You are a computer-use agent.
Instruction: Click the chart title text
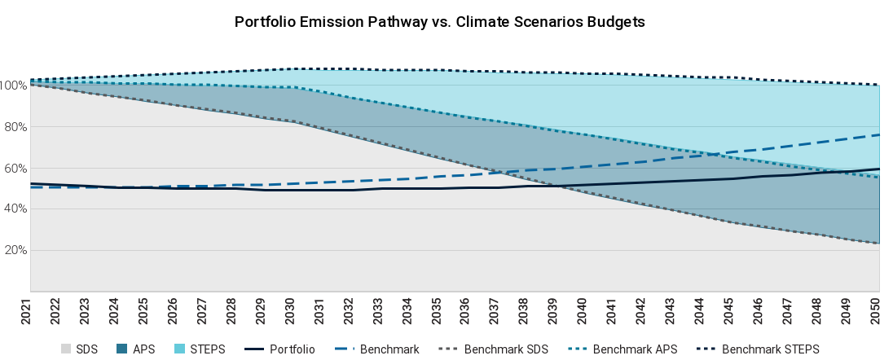440,22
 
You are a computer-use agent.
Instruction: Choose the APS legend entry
143,349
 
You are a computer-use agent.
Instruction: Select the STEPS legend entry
207,349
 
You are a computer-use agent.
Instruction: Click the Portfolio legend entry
292,349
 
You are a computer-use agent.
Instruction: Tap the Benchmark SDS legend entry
506,349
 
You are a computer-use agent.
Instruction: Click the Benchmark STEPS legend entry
771,349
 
